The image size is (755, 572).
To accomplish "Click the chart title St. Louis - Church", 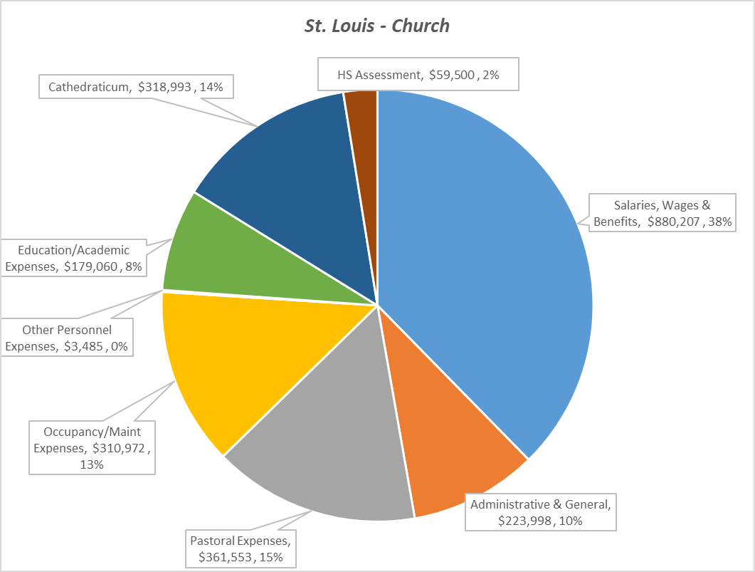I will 377,26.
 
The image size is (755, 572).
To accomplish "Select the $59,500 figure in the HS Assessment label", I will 453,73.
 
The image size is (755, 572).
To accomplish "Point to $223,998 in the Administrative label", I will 527,521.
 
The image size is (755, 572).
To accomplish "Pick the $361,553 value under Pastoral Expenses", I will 218,557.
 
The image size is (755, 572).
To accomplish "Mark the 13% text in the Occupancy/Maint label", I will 93,464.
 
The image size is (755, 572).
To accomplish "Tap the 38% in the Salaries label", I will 720,222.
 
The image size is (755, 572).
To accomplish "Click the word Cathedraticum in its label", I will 90,87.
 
